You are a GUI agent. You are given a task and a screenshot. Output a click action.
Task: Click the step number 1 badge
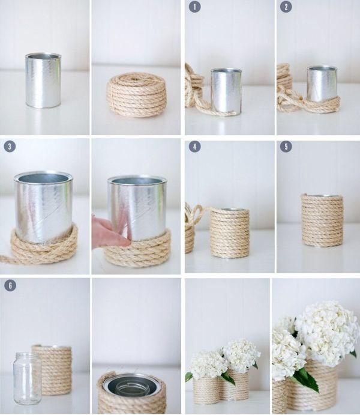[x=194, y=7]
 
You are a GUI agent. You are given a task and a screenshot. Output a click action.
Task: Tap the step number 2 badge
[x=286, y=7]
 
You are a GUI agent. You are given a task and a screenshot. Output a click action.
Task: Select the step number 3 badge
[x=10, y=147]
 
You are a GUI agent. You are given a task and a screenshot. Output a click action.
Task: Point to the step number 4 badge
[x=195, y=147]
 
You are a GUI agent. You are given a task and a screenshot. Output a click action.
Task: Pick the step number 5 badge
[x=286, y=147]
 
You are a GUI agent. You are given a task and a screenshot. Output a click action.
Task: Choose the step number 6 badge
[x=10, y=286]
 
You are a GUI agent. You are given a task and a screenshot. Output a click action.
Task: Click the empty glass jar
[x=27, y=378]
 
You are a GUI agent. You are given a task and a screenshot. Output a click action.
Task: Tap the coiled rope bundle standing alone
[x=136, y=95]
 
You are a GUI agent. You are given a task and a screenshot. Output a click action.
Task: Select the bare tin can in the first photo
[x=43, y=80]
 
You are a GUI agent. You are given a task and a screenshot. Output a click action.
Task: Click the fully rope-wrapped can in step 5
[x=322, y=220]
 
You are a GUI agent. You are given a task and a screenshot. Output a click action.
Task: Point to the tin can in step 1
[x=226, y=91]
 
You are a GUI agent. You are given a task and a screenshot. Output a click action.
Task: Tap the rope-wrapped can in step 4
[x=230, y=233]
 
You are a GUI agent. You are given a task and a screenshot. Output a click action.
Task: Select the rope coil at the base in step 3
[x=44, y=246]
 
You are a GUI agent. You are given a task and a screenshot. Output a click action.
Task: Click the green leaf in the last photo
[x=307, y=379]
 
